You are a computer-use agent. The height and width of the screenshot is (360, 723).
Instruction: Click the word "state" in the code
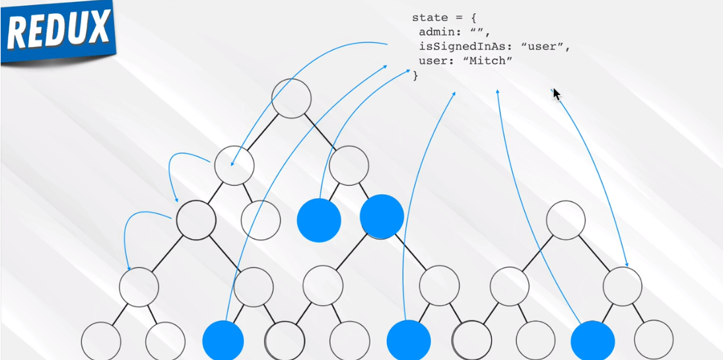click(430, 18)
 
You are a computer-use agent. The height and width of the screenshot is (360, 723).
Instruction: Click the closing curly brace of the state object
click(415, 76)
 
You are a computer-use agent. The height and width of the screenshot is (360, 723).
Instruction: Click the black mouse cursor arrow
click(557, 94)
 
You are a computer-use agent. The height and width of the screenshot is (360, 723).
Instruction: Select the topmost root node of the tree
click(291, 98)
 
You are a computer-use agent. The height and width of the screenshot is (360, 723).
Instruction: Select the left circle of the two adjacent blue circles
click(319, 220)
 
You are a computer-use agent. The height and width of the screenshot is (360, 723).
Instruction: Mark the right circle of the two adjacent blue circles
click(382, 217)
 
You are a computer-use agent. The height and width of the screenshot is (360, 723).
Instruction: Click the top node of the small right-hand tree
click(566, 220)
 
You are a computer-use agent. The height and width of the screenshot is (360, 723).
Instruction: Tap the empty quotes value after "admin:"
click(480, 32)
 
